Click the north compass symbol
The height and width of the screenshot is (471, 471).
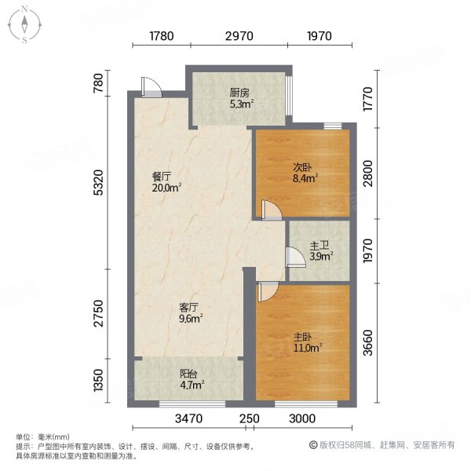tap(24, 24)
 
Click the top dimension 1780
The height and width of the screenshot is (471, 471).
tap(160, 35)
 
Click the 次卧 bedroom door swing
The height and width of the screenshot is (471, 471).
tap(271, 210)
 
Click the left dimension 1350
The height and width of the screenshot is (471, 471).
tap(98, 384)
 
